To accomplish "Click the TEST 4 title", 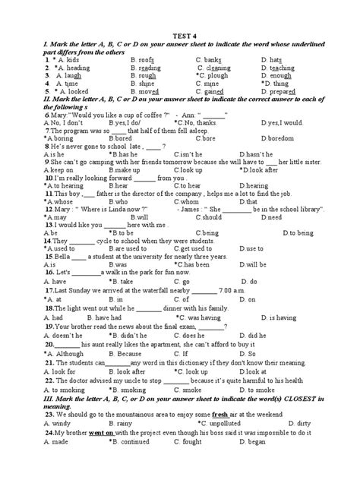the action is (180, 23).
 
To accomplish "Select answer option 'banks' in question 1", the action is (210, 58).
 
